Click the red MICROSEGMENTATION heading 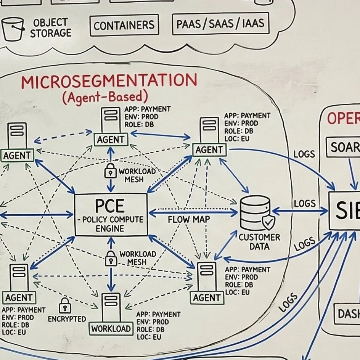coord(109,82)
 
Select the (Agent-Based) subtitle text coord(104,97)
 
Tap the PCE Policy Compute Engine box coord(111,214)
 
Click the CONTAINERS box coord(124,25)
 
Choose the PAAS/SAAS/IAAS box coord(220,24)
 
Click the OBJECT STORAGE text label coord(50,28)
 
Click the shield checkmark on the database coord(268,222)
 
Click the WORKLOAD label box coord(111,328)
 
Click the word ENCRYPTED coord(67,319)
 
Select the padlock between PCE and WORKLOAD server coord(111,259)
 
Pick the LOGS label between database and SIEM coord(305,203)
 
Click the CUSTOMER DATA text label coord(259,242)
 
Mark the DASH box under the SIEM coord(348,313)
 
